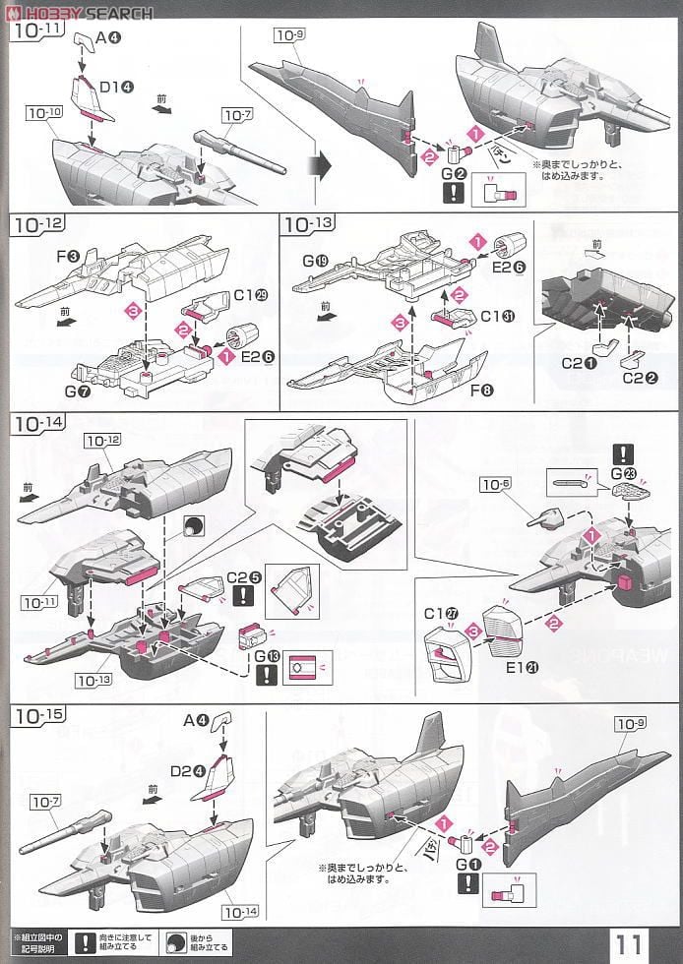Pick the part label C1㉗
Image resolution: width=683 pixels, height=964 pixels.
coord(439,614)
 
